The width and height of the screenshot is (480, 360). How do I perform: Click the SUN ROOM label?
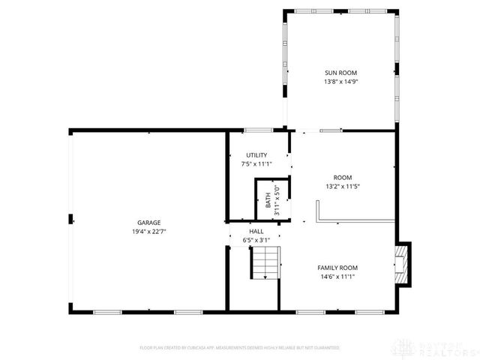tap(341, 72)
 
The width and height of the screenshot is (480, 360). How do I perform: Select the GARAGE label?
tap(148, 222)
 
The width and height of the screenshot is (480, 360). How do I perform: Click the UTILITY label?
tap(256, 154)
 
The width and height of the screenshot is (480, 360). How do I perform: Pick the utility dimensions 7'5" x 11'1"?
tap(256, 163)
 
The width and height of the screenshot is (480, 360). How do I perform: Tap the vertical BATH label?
tap(268, 201)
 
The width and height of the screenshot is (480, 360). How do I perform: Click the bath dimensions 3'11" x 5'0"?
tap(277, 201)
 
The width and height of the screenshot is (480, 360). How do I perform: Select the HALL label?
tap(256, 232)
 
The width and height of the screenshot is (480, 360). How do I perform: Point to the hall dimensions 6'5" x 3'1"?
tap(256, 240)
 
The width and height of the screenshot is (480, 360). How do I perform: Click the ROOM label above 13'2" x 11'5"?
tap(343, 178)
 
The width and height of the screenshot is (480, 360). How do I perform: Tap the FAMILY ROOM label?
tap(337, 267)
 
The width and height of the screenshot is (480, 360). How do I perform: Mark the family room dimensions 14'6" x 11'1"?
tap(337, 276)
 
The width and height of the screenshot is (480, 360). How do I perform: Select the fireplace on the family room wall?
tap(403, 264)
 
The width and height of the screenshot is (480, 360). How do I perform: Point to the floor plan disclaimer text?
tap(240, 348)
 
